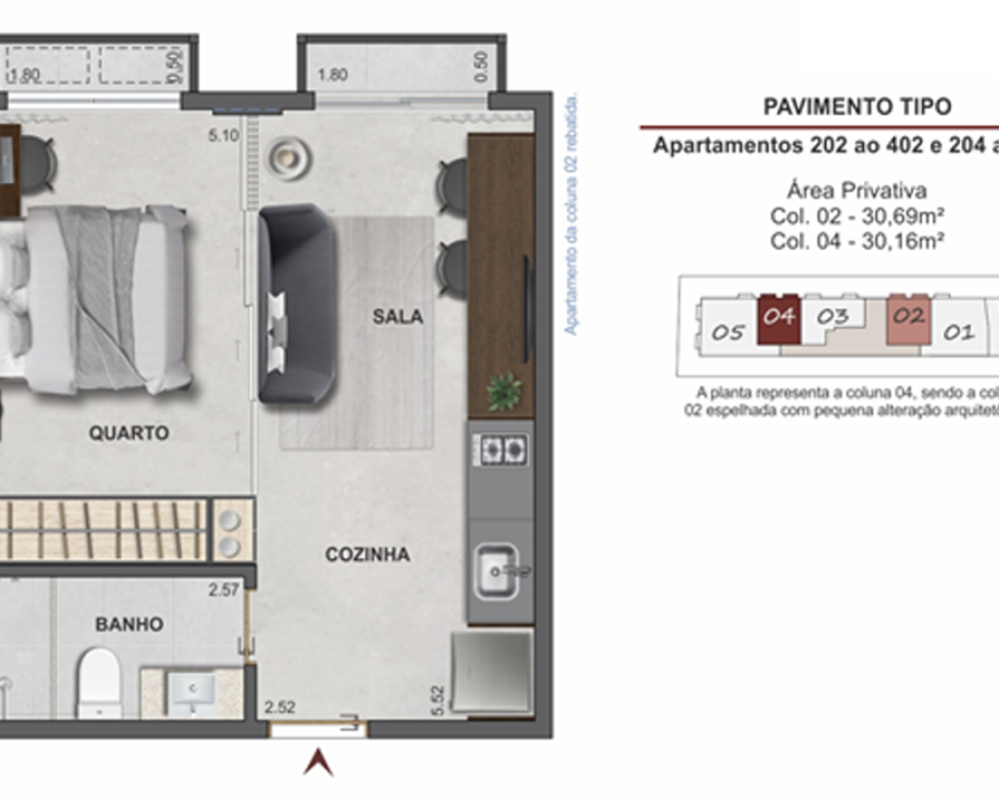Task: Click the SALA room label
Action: point(398,317)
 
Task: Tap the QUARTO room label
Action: point(129,433)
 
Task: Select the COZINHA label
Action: point(367,554)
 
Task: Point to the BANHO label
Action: point(129,624)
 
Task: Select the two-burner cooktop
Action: point(500,448)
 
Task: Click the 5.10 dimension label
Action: point(225,138)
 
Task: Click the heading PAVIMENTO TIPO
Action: point(857,107)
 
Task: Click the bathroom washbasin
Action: point(191,689)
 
